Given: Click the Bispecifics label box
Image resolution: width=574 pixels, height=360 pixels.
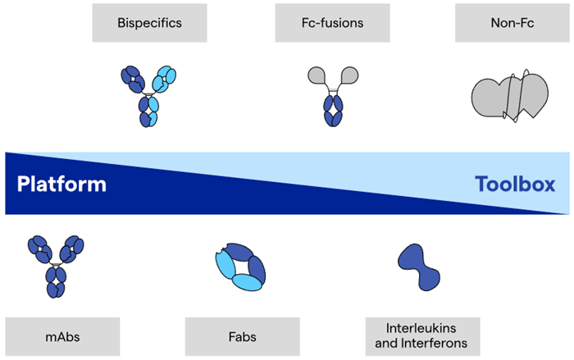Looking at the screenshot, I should tap(148, 23).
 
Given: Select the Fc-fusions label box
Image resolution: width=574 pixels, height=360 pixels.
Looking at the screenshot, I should tap(331, 23).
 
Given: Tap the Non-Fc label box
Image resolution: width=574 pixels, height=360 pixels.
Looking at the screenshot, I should tap(512, 23).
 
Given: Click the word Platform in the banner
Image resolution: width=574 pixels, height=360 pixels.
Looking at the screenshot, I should tap(62, 184).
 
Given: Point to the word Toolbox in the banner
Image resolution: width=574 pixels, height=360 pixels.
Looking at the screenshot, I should tap(515, 184).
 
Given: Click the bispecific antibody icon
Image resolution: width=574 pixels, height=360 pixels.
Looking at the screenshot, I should tap(148, 95).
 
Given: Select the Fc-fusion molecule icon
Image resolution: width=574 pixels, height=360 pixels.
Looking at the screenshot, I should tap(331, 95).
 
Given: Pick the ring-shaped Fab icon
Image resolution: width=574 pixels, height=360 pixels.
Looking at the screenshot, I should tap(239, 267).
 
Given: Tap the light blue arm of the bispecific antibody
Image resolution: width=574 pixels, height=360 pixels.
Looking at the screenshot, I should tap(164, 80).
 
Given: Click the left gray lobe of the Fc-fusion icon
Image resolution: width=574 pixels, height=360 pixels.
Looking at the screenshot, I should tap(316, 75).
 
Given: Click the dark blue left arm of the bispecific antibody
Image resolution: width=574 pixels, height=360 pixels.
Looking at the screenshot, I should tap(132, 80).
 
